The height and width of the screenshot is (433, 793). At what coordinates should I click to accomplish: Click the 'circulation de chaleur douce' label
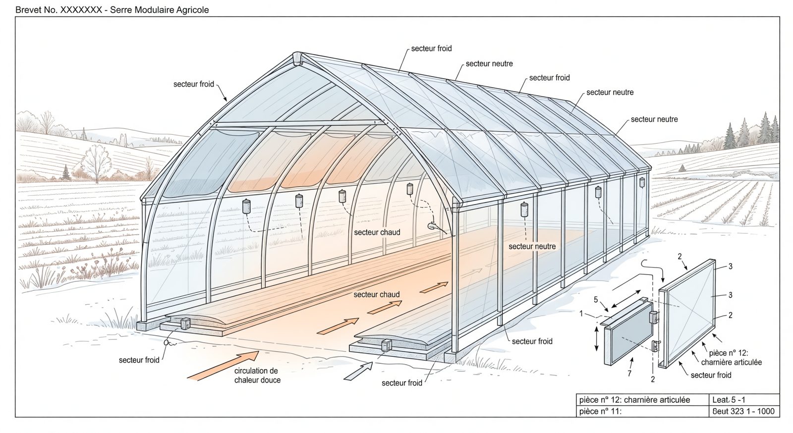[x=257, y=376]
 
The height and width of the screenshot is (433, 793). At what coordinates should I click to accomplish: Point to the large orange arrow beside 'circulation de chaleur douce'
[x=223, y=366]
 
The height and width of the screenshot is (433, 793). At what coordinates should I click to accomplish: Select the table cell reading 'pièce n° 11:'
[x=600, y=411]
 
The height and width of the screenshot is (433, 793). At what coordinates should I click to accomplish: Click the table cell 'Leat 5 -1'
[x=729, y=400]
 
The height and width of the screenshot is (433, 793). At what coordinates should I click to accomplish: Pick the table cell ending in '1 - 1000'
[x=743, y=411]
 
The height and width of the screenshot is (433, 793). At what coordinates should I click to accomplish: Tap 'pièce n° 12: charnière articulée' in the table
[x=635, y=400]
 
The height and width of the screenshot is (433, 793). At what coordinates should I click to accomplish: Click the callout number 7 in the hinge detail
[x=629, y=373]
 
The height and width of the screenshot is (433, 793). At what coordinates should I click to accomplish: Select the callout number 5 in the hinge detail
[x=596, y=300]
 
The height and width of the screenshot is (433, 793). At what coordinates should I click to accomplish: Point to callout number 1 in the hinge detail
[x=581, y=314]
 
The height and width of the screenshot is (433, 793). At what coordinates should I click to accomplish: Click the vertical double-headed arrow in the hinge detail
[x=597, y=339]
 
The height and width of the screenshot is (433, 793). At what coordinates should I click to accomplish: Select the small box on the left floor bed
[x=185, y=324]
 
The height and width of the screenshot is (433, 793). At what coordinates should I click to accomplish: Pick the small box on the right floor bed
[x=386, y=345]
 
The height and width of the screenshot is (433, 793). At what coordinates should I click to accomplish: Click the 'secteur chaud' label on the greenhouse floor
[x=377, y=294]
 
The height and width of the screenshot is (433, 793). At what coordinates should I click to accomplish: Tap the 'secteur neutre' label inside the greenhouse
[x=532, y=246]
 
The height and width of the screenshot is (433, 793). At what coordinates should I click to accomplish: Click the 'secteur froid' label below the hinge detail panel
[x=711, y=375]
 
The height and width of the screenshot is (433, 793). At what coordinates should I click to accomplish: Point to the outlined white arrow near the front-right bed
[x=359, y=371]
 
